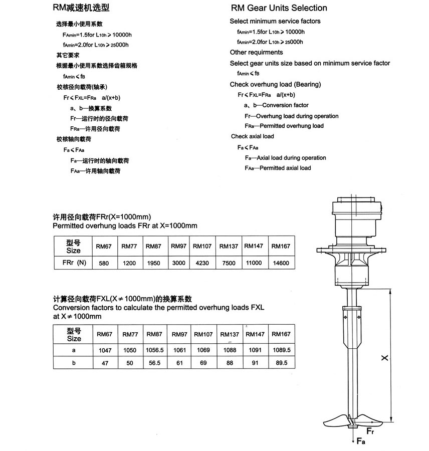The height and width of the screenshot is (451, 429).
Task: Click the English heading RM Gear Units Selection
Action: [279, 8]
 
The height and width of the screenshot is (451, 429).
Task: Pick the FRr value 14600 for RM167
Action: [281, 263]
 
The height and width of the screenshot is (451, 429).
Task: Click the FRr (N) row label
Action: [73, 263]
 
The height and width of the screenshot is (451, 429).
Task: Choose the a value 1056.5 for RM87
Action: [154, 351]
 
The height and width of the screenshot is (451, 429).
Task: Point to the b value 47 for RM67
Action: [106, 363]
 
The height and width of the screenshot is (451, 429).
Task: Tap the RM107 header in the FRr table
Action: [202, 246]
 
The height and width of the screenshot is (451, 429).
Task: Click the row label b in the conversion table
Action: [73, 363]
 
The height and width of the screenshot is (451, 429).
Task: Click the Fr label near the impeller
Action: [370, 430]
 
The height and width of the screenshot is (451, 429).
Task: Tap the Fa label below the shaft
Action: [360, 441]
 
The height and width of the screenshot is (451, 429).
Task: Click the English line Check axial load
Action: [253, 136]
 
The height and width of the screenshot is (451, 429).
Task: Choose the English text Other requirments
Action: [256, 52]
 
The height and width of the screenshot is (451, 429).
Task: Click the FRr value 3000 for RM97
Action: [178, 263]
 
